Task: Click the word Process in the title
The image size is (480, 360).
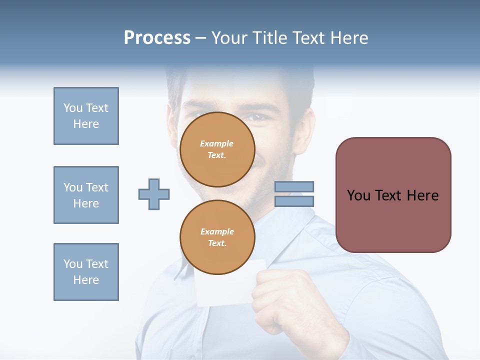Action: click(157, 38)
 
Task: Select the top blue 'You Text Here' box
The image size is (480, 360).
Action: click(86, 116)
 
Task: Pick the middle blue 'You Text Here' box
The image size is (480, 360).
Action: click(86, 195)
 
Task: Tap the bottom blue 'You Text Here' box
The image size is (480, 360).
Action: click(86, 272)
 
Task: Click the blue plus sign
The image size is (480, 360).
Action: click(154, 194)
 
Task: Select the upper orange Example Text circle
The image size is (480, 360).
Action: click(217, 149)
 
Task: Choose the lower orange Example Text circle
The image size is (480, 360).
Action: click(217, 237)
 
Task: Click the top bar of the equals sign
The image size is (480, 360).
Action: click(294, 187)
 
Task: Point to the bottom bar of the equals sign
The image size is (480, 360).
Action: click(294, 201)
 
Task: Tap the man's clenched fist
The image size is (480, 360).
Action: click(280, 300)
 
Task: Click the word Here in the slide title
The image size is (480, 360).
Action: click(348, 38)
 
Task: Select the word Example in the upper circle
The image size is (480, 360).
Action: click(217, 143)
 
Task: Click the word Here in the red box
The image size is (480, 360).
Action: click(422, 195)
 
